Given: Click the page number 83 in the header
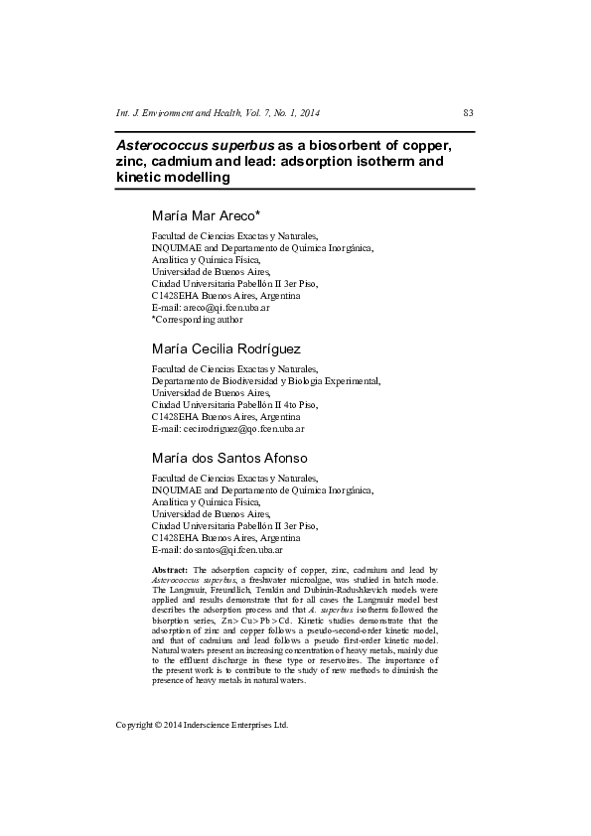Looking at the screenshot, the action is (x=469, y=112).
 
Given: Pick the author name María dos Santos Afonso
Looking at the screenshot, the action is (x=229, y=458).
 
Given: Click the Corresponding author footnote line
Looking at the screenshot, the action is (x=197, y=320).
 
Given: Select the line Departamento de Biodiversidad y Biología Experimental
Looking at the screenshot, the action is (x=265, y=380).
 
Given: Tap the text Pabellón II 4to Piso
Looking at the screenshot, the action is (x=268, y=405).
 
